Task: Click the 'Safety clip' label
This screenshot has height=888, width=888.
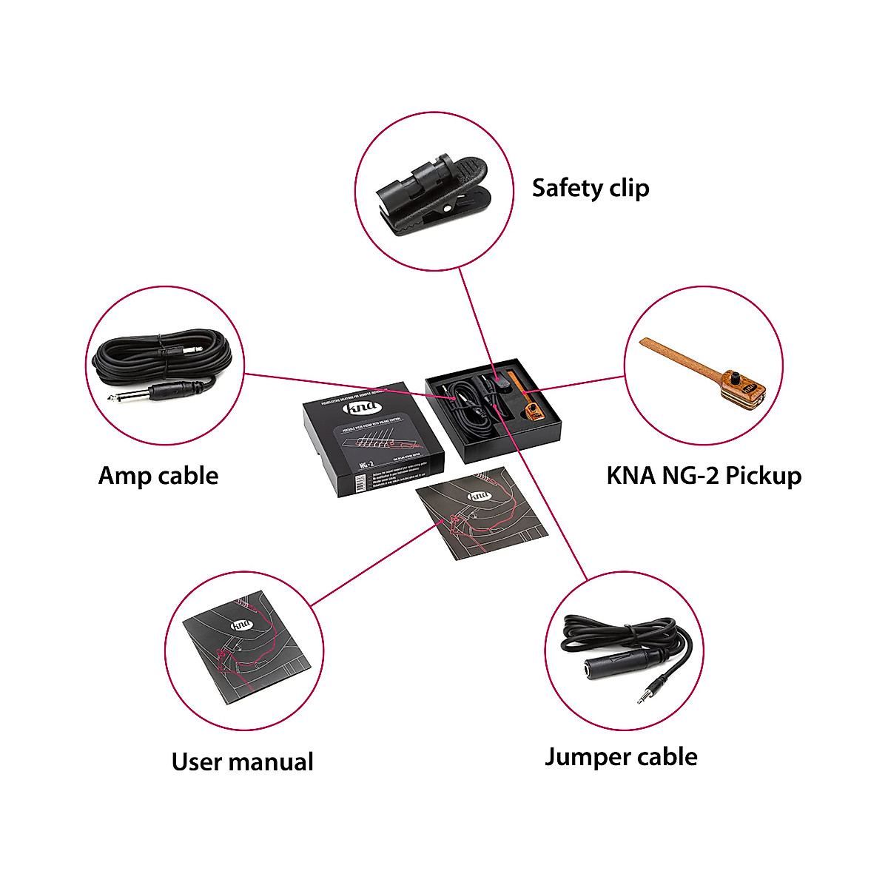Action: pyautogui.click(x=591, y=188)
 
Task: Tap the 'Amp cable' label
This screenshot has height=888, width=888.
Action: pyautogui.click(x=158, y=475)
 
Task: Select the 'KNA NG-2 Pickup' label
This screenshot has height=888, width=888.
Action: pyautogui.click(x=704, y=475)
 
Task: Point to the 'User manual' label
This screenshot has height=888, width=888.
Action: pyautogui.click(x=242, y=761)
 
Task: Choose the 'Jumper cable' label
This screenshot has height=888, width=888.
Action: pyautogui.click(x=621, y=756)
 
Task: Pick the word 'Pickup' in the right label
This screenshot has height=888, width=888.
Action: pyautogui.click(x=762, y=475)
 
